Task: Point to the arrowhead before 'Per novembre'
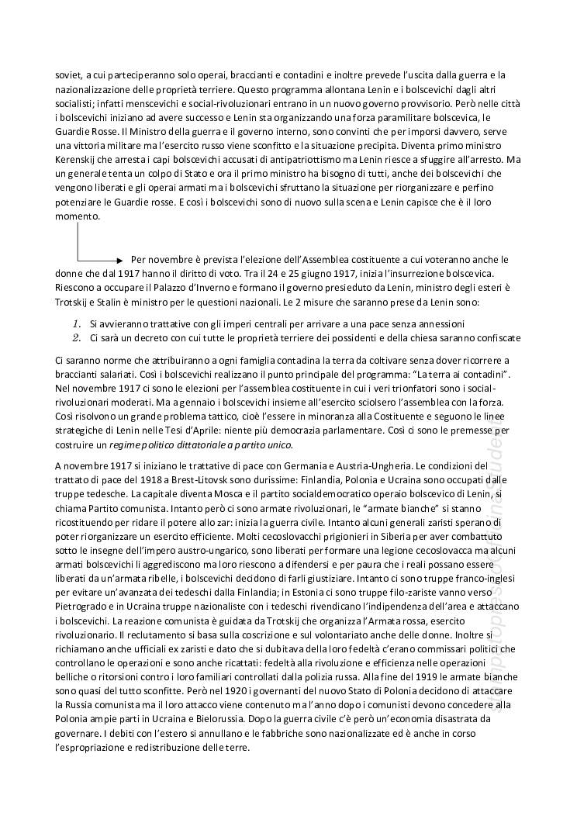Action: (x=119, y=260)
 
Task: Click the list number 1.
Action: (x=77, y=322)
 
